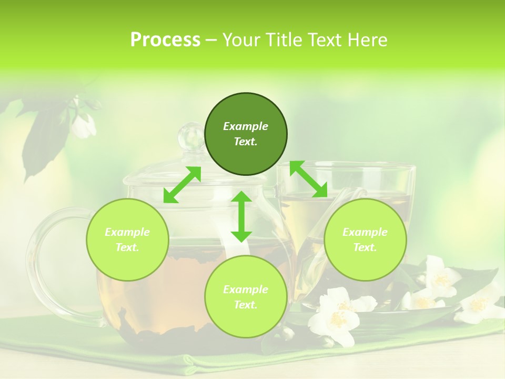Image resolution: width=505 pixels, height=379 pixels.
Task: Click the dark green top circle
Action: point(246,134)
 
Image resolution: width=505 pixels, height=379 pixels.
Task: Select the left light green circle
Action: point(127,240)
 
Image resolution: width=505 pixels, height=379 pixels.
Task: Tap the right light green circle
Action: point(365,240)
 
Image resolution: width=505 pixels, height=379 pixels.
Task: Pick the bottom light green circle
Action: point(246,296)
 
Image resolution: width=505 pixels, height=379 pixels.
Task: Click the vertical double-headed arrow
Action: point(241,216)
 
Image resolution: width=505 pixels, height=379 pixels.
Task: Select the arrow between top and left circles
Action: point(182,185)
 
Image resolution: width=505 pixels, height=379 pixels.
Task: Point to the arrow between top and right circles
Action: point(308,179)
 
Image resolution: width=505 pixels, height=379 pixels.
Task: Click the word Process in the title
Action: point(165,40)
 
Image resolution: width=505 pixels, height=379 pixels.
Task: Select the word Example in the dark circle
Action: point(246,126)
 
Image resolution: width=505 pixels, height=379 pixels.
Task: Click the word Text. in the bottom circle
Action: point(246,305)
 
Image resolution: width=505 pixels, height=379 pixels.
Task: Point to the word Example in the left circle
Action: point(127,232)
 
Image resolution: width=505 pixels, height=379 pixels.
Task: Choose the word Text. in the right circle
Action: point(365,247)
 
